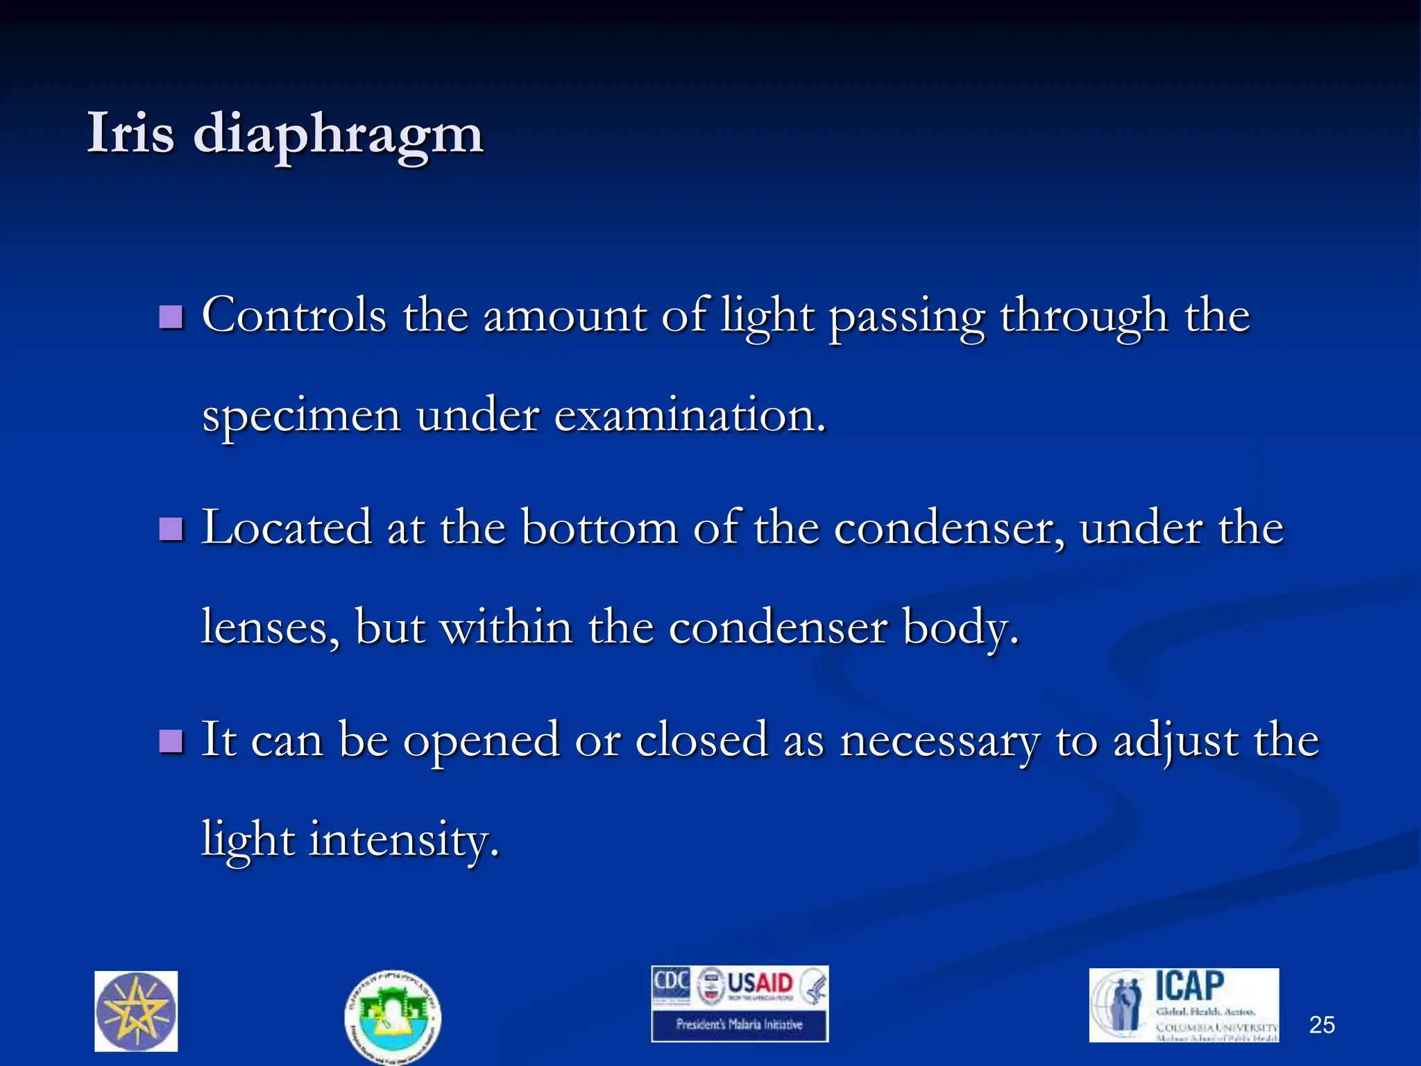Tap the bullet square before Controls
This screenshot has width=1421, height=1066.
(171, 317)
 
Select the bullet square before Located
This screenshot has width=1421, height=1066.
(171, 530)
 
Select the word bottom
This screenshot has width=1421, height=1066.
(599, 528)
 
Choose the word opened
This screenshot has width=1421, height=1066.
(481, 741)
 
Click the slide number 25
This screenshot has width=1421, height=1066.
(1321, 1025)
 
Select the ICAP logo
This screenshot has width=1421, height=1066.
(1184, 1004)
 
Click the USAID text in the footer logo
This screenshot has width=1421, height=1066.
(759, 984)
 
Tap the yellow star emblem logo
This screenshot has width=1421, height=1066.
(136, 1011)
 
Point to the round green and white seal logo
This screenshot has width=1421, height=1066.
(392, 1016)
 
